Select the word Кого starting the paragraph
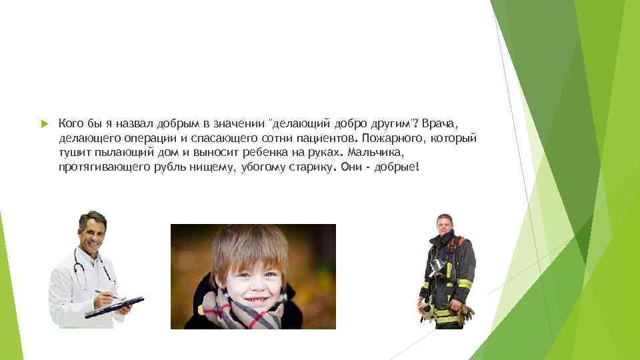point(70,123)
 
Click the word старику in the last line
point(311,167)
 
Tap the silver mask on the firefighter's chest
point(437,266)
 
